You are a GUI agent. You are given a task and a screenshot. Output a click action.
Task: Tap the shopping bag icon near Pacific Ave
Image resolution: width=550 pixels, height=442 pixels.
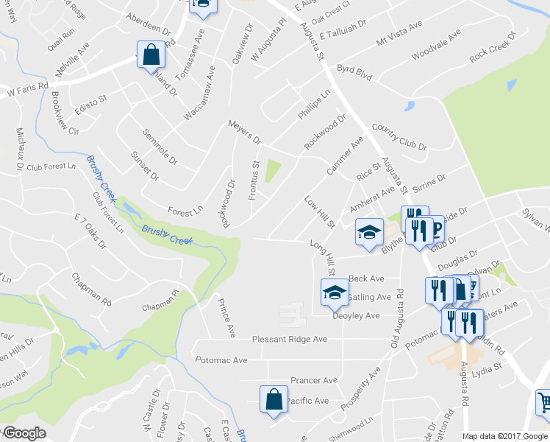click(x=272, y=400)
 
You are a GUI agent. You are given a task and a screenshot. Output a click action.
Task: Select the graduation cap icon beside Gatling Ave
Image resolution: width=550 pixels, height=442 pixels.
click(x=335, y=293)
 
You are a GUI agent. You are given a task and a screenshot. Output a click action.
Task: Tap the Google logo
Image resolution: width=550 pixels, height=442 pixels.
click(x=24, y=433)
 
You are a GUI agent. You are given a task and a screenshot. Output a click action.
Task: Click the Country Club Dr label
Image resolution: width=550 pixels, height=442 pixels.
click(x=399, y=136)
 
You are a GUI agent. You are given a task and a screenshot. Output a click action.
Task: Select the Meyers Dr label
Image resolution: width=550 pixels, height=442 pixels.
click(x=245, y=132)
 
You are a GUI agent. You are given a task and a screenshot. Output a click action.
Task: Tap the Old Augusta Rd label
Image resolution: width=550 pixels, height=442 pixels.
click(x=397, y=318)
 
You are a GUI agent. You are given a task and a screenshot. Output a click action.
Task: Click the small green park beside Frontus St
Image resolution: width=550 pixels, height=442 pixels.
click(x=272, y=172)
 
